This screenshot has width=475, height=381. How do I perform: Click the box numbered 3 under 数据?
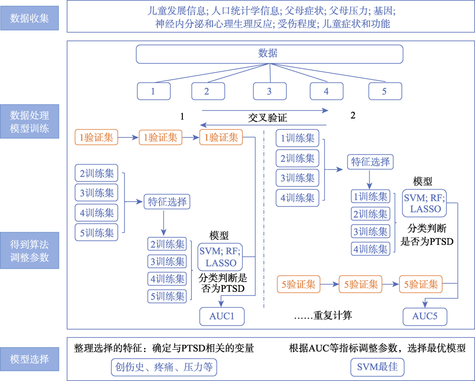tap(269, 91)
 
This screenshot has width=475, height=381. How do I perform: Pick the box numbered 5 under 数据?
tap(384, 91)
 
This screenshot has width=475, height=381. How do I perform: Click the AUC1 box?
tap(222, 316)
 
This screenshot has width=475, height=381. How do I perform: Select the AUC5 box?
tap(425, 316)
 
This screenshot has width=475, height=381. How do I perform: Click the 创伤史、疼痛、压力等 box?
tap(163, 367)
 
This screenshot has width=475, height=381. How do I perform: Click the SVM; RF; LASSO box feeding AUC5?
tap(422, 202)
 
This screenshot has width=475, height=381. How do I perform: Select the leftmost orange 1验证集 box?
tap(96, 138)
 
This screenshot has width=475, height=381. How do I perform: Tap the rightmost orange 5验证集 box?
tap(420, 284)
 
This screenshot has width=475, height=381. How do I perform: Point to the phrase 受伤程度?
tap(294, 23)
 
